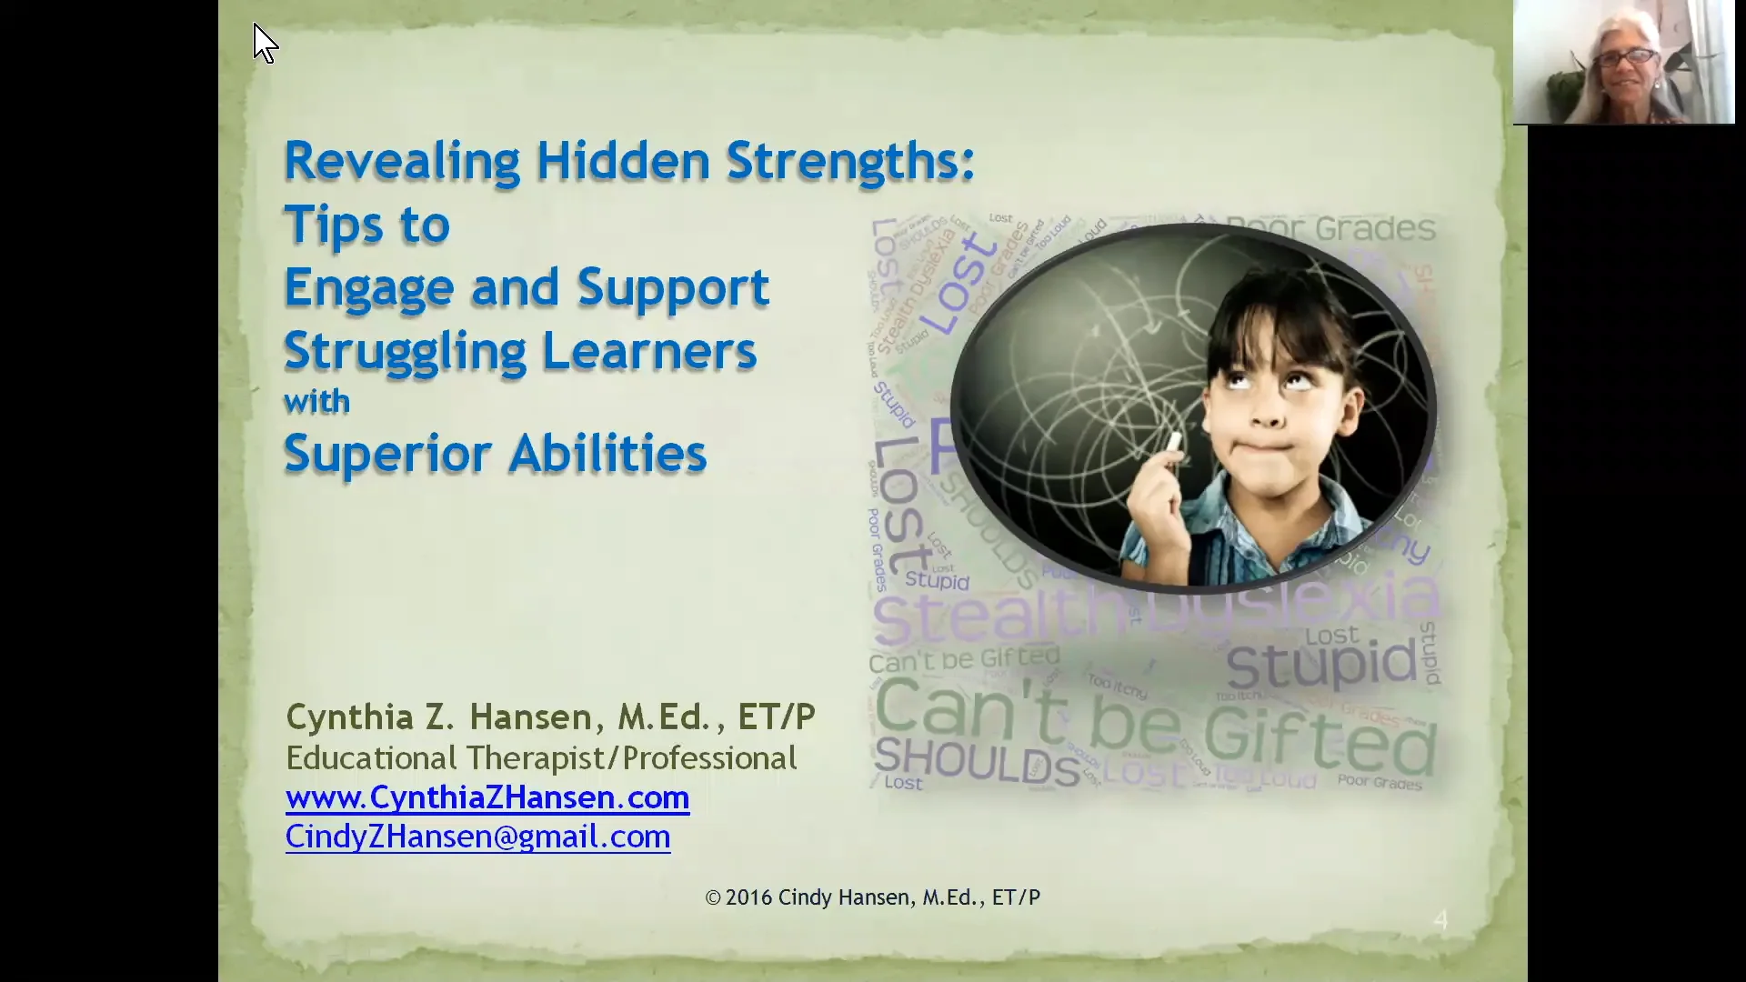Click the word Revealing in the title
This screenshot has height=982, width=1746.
click(x=401, y=162)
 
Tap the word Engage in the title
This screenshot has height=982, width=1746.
click(x=368, y=289)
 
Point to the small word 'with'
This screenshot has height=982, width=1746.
click(x=316, y=402)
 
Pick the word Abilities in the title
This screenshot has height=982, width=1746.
click(x=607, y=455)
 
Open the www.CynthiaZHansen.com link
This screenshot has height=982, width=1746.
click(x=487, y=797)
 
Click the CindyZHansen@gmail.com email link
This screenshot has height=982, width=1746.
click(x=477, y=837)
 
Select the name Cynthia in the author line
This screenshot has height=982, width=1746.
click(x=350, y=717)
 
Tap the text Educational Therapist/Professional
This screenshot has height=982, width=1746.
click(x=541, y=758)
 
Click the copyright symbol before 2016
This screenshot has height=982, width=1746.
click(x=713, y=898)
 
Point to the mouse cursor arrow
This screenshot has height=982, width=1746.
click(x=263, y=42)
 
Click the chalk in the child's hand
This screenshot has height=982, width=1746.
click(x=1174, y=443)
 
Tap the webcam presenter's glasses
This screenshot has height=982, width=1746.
click(x=1625, y=58)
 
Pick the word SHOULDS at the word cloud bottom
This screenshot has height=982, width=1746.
click(x=976, y=762)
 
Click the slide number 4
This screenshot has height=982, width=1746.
click(x=1440, y=920)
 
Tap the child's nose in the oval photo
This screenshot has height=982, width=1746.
click(x=1269, y=416)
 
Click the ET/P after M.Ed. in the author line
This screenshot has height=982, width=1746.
click(x=776, y=717)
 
